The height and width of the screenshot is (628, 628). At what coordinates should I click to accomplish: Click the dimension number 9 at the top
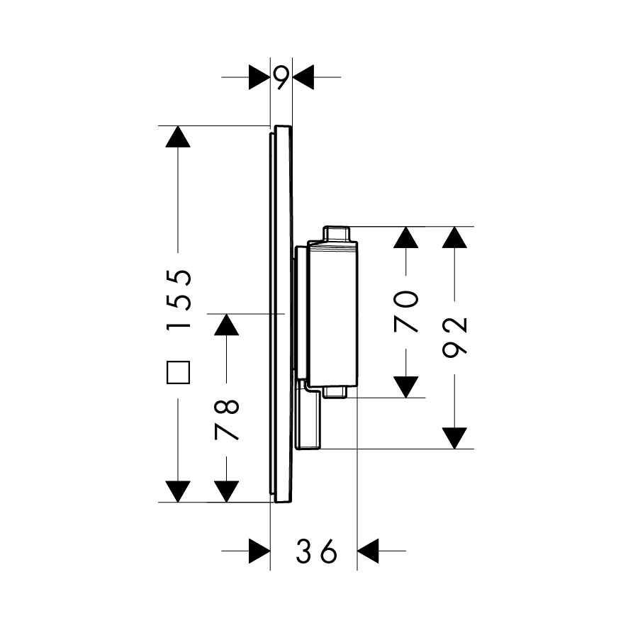pos(281,77)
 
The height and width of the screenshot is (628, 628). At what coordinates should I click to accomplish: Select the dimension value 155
pos(178,299)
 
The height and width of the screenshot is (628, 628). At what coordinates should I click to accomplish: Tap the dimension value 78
pos(227,420)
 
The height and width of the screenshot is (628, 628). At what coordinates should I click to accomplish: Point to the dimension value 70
pos(406,312)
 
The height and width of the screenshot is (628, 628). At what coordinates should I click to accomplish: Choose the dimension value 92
pos(454,337)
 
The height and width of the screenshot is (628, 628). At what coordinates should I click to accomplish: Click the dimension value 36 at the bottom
pos(316,551)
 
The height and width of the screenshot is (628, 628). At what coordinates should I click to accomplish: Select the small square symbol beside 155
pos(178,372)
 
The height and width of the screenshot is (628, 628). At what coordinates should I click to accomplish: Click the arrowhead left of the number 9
pos(259,77)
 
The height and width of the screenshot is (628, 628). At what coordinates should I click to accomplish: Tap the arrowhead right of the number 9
pos(303,77)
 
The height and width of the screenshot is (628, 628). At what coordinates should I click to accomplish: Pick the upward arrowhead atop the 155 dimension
pos(178,137)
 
